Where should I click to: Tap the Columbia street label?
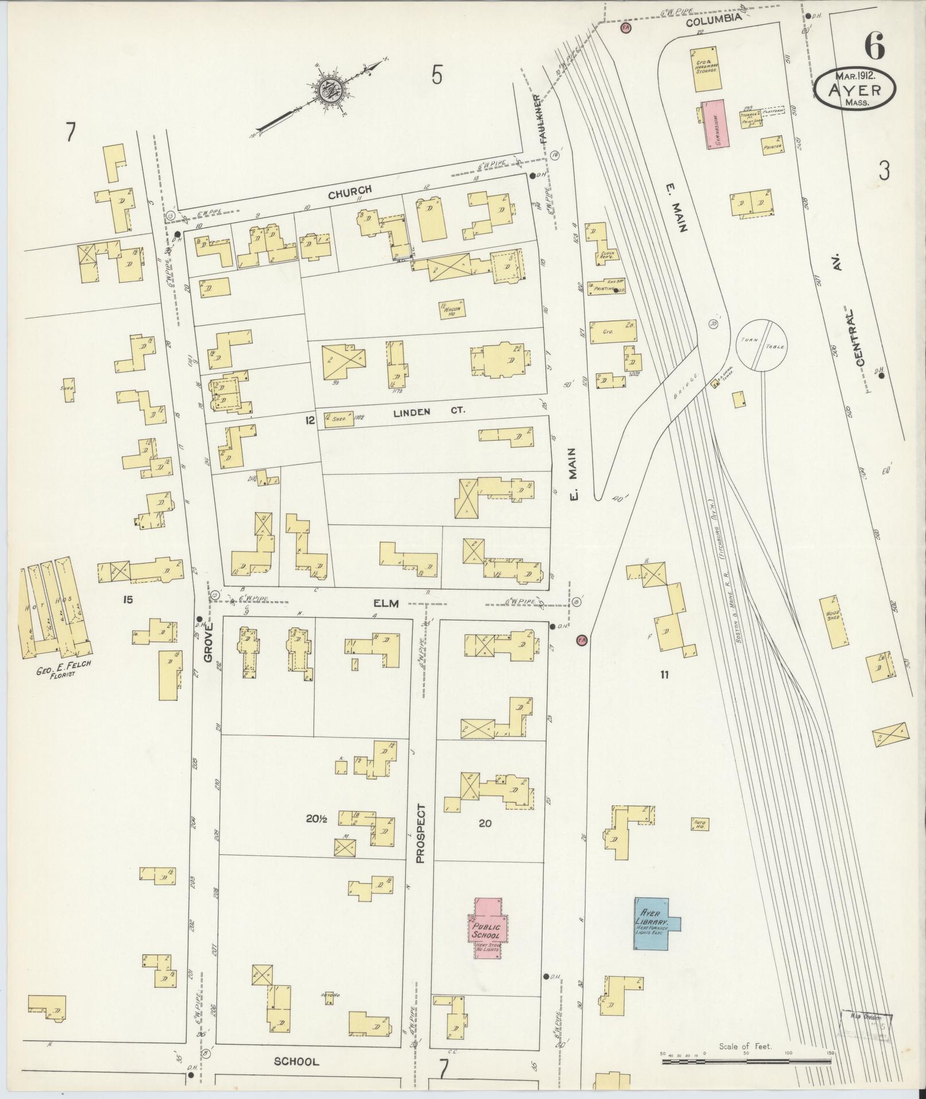coord(714,20)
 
